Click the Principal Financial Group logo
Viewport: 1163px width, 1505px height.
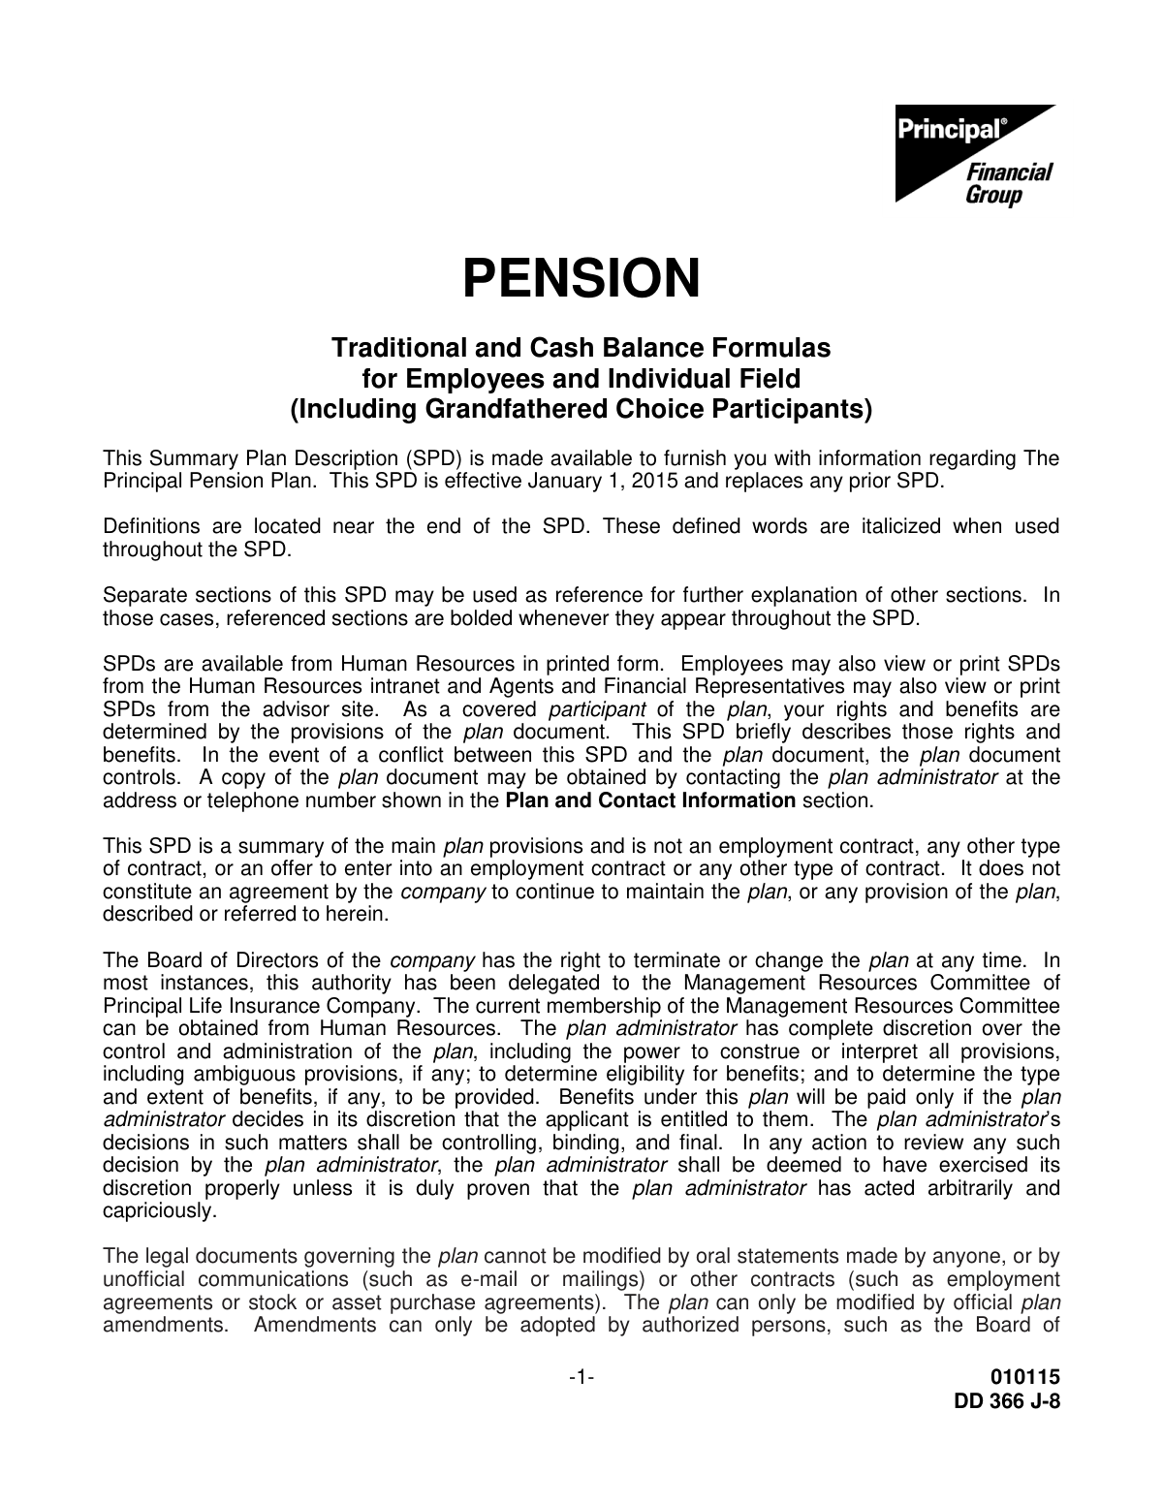tap(973, 155)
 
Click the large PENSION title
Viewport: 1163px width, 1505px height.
tap(581, 278)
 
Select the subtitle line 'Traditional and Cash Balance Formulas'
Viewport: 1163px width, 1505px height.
tap(581, 347)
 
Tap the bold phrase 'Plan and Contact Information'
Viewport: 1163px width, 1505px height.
tap(650, 800)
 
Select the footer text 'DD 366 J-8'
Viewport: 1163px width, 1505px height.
tap(1008, 1400)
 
